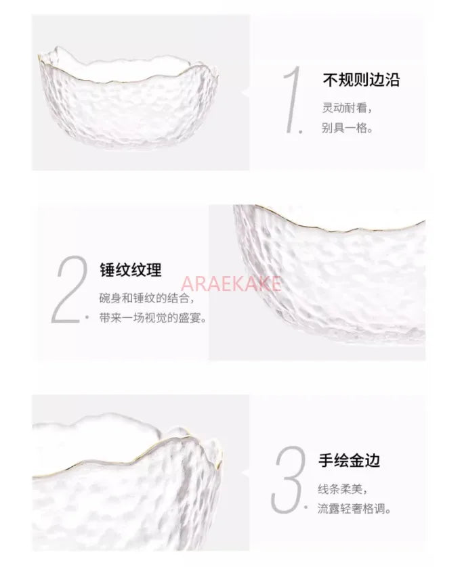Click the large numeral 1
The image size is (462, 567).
[293, 99]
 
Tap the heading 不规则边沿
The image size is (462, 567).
[361, 80]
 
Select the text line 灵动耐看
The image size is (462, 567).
[347, 108]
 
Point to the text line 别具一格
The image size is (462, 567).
[347, 128]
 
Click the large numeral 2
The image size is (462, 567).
[70, 289]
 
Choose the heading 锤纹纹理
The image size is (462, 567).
[131, 270]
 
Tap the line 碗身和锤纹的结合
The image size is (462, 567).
[146, 298]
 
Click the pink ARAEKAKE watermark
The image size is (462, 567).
[230, 283]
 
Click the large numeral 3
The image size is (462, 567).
[289, 480]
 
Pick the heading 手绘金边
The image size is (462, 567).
[350, 460]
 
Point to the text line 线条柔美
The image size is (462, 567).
[343, 489]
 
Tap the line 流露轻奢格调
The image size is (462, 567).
[354, 509]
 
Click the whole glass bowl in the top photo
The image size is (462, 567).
[129, 98]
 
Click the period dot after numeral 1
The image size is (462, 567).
[300, 131]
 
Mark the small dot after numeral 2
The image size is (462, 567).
[87, 317]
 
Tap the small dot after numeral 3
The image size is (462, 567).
[306, 507]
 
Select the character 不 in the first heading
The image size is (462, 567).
[330, 80]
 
